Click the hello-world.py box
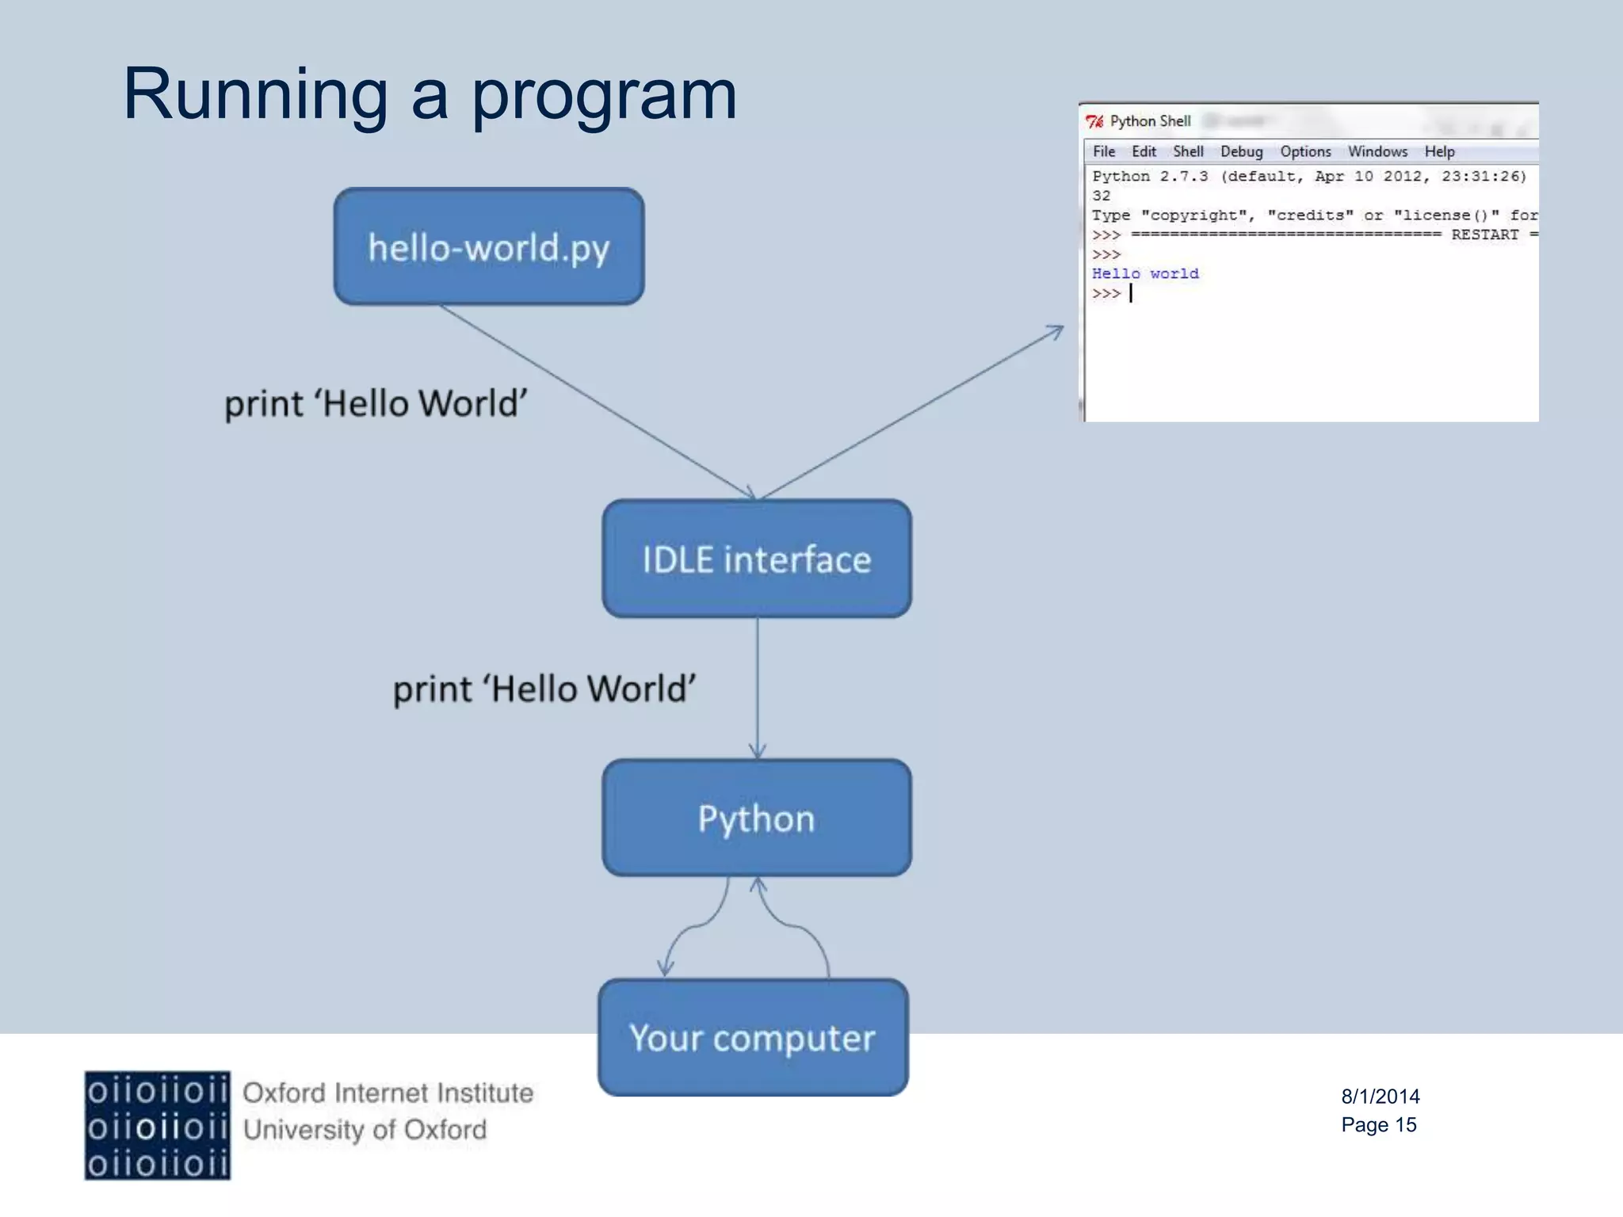pos(488,246)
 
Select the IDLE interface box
pos(756,559)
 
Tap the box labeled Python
pos(756,818)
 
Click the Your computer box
pos(753,1037)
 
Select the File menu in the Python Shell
pos(1103,151)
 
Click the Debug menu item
pos(1241,151)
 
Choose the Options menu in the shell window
pos(1305,151)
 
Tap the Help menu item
pos(1439,151)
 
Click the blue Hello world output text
pos(1145,273)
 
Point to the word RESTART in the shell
pos(1484,235)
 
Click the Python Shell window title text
pos(1150,121)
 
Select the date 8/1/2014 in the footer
pos(1380,1097)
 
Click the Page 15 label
pos(1378,1125)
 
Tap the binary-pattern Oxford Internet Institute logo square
pos(158,1125)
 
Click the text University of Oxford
pos(365,1130)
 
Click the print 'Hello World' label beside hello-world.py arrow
pos(376,403)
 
